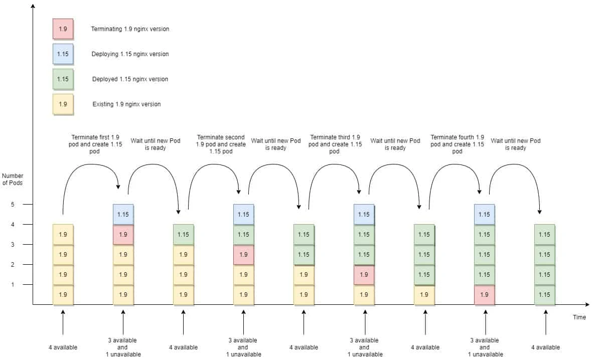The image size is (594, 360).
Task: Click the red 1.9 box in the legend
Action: tap(63, 29)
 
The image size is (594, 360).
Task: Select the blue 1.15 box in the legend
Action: tap(63, 54)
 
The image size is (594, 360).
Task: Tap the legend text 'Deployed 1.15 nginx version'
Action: tap(130, 79)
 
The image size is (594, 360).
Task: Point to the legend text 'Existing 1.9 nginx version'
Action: tap(126, 104)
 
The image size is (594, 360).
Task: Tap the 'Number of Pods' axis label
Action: tap(13, 179)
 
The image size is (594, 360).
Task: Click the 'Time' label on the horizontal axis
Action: tap(579, 317)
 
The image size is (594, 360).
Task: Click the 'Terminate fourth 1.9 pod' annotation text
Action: tap(457, 144)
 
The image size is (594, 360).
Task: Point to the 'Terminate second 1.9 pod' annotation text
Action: tap(221, 144)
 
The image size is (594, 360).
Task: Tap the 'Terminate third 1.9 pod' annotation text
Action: tap(335, 144)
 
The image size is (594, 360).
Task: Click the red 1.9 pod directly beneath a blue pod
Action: tap(123, 235)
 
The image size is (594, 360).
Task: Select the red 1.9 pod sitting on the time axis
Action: tap(484, 295)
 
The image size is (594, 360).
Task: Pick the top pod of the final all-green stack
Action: tap(544, 235)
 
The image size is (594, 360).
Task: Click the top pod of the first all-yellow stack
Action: tap(63, 235)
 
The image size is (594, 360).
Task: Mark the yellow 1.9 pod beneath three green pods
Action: tap(424, 295)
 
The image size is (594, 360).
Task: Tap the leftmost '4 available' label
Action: tap(63, 347)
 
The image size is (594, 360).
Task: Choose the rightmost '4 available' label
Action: tap(545, 347)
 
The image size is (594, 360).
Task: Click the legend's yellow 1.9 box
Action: tap(63, 104)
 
